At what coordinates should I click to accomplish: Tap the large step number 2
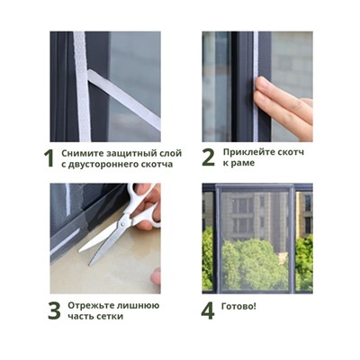208,158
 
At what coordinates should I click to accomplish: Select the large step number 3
52,311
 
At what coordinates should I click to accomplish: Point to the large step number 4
208,311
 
